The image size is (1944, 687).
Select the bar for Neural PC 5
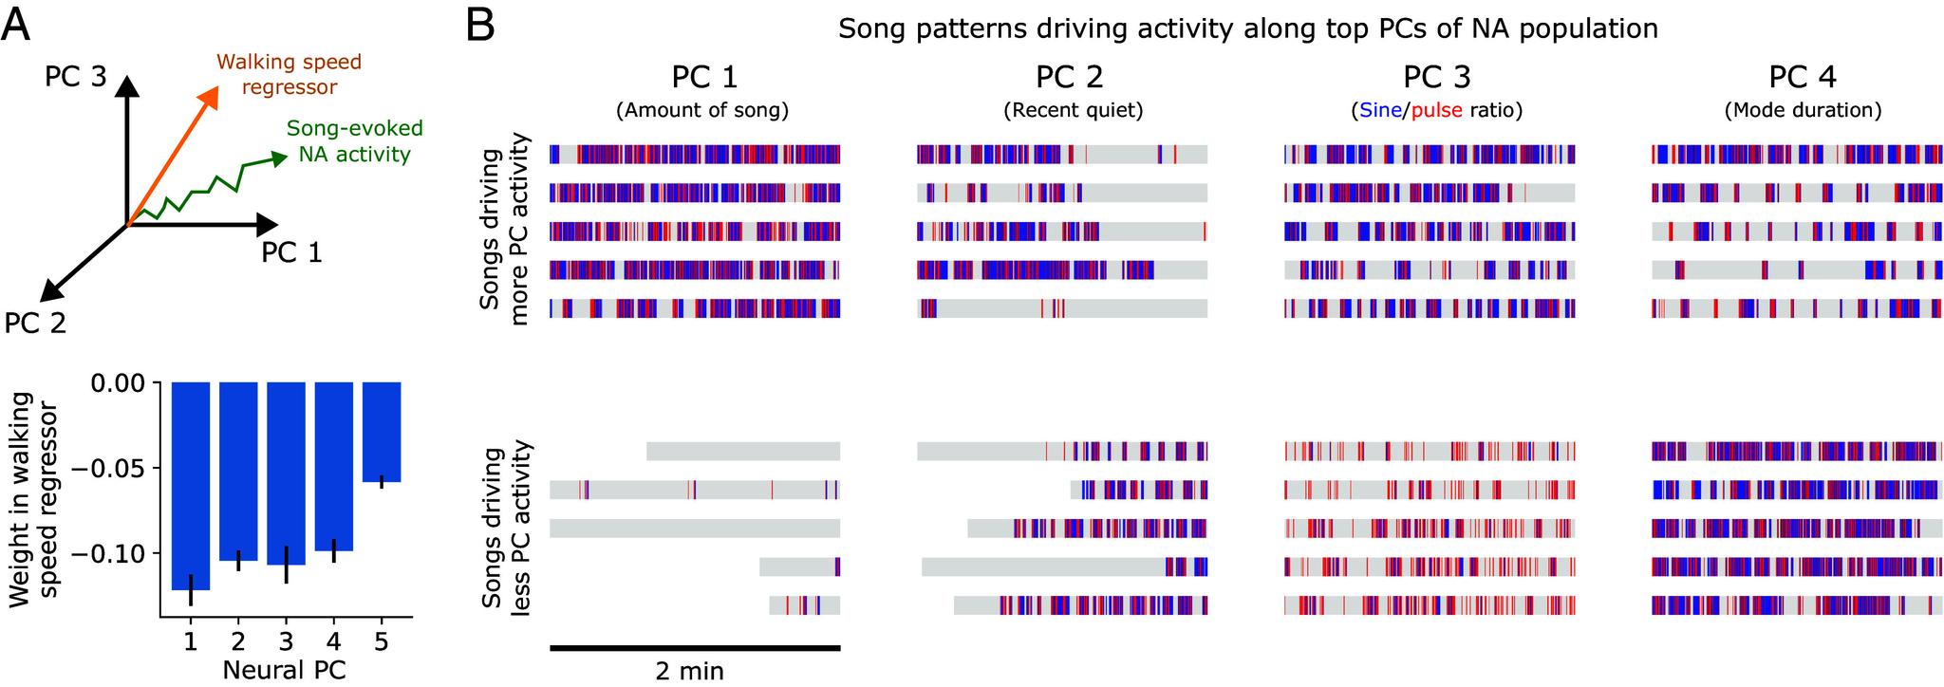[x=382, y=432]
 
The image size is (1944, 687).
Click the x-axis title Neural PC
[x=284, y=670]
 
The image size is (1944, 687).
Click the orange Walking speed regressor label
[x=290, y=75]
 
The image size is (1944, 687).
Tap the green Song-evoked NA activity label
[x=354, y=140]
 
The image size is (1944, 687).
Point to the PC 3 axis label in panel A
[x=75, y=77]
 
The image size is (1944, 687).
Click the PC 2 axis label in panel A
[x=35, y=324]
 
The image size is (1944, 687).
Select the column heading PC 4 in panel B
[x=1803, y=77]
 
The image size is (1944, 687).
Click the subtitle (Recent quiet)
[x=1073, y=110]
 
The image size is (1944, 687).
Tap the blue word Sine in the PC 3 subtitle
[x=1381, y=110]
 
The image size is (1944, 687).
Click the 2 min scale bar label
[x=689, y=671]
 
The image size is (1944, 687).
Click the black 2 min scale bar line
[x=695, y=648]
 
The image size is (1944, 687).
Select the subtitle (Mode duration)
[x=1803, y=110]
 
